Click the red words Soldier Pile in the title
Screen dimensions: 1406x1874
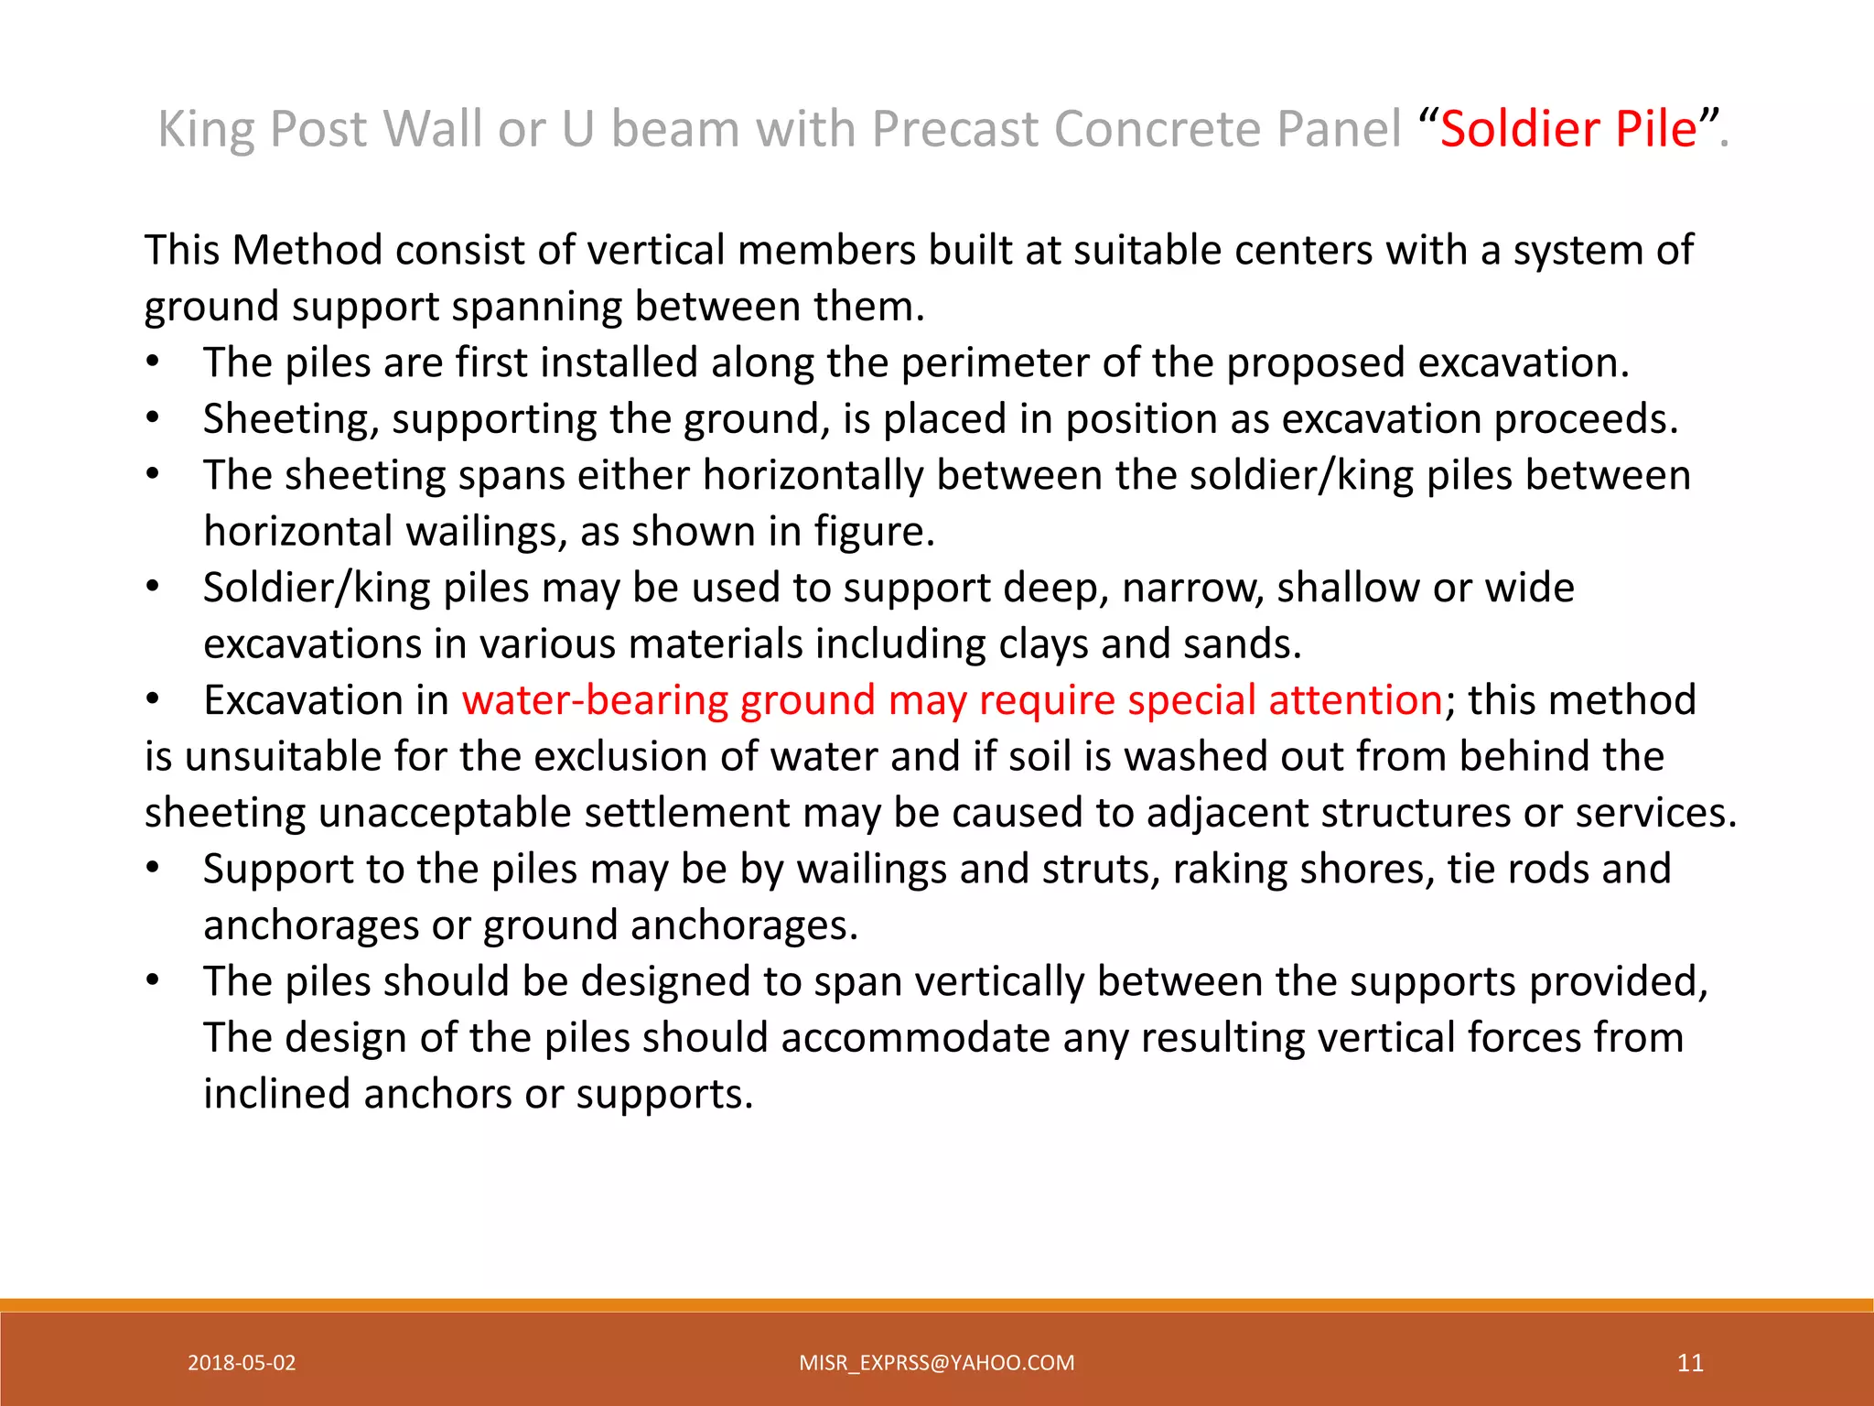coord(1568,129)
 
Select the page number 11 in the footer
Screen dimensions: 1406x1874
coord(1690,1363)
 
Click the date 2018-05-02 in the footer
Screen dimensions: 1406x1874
coord(242,1363)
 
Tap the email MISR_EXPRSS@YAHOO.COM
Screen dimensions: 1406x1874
coord(936,1363)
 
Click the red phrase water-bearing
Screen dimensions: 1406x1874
coord(596,700)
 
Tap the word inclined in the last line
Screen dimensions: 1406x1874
coord(277,1095)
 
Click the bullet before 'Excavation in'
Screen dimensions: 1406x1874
coord(154,701)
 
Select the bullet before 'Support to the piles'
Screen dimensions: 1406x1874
coord(154,870)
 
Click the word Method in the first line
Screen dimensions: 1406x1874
coord(307,251)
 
